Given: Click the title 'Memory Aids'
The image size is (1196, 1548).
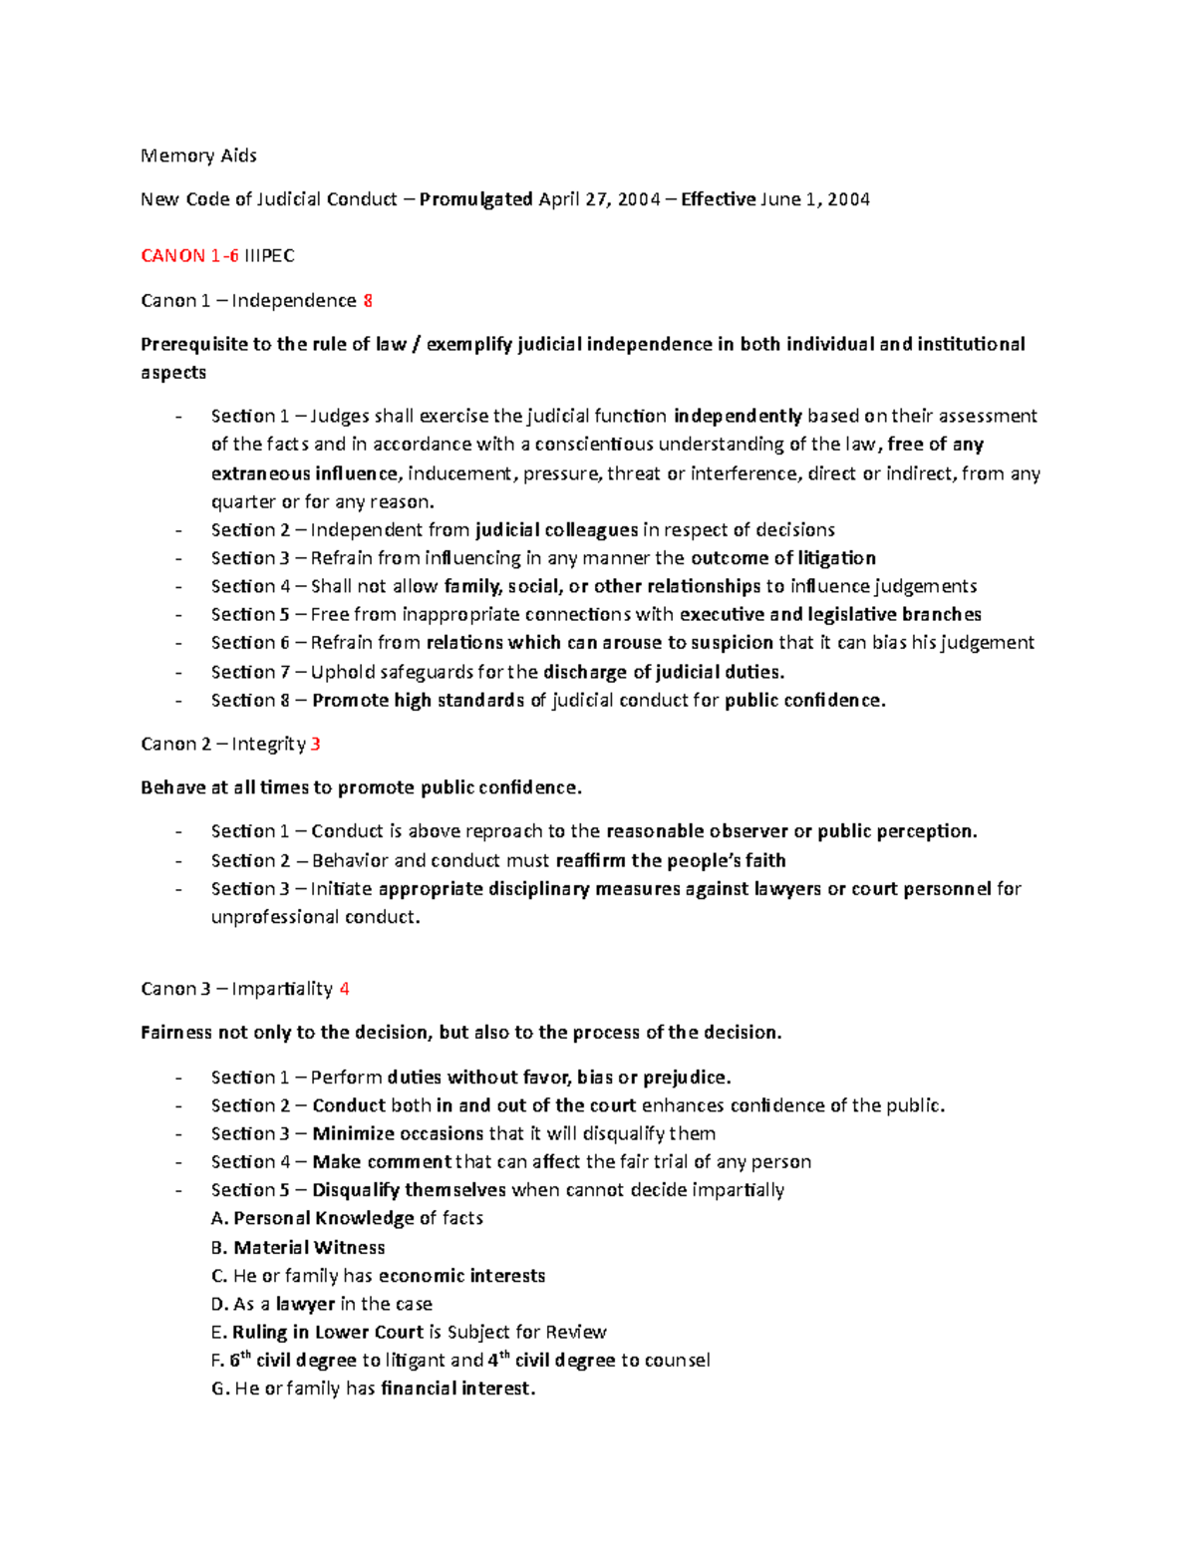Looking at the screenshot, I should [198, 155].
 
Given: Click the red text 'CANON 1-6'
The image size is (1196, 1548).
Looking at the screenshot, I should [189, 256].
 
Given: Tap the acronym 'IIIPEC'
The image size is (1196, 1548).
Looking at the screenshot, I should [269, 256].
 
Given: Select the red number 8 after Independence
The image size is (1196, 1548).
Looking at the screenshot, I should [368, 301].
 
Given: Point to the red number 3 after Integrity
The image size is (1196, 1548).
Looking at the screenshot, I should [316, 745].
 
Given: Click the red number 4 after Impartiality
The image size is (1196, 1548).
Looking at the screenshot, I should [344, 989].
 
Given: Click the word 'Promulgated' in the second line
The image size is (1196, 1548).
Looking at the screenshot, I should [475, 199].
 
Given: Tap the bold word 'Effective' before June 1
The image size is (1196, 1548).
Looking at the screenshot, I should [718, 199].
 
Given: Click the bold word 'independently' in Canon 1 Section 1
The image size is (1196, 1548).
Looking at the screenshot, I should [738, 416].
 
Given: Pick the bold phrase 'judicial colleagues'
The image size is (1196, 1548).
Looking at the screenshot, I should [556, 530].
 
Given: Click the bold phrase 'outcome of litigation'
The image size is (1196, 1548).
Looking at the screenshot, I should [782, 558].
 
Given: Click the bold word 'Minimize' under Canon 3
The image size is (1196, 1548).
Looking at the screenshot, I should [348, 1133].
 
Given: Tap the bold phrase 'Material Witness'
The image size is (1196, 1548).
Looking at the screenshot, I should [309, 1248].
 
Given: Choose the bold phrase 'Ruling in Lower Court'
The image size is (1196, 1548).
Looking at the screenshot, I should [327, 1333].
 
